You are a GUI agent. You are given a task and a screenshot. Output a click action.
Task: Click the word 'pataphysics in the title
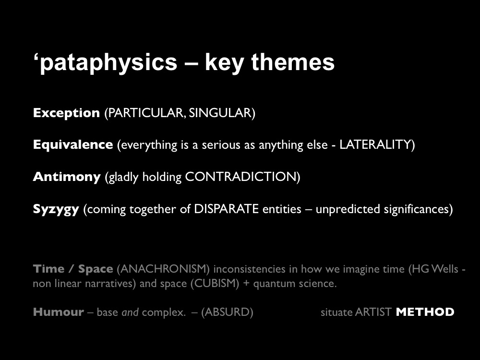coord(105,63)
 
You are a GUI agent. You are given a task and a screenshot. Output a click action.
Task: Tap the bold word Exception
coord(66,113)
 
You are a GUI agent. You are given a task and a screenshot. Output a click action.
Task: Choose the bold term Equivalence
coord(73,145)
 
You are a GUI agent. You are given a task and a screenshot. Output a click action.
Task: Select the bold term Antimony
coord(67,177)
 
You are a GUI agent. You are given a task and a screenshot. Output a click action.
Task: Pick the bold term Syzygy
coord(56,210)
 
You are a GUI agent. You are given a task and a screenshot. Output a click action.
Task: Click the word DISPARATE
coord(226,209)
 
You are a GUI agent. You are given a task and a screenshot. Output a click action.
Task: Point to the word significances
coord(418,209)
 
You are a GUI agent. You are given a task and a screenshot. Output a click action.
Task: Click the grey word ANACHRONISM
coord(163,269)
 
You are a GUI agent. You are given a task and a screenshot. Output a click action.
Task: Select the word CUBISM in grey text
coord(215,284)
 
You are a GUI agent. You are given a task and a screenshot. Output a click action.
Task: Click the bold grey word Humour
coord(59,312)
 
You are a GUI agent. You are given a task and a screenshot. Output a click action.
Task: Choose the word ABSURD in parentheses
coord(227,312)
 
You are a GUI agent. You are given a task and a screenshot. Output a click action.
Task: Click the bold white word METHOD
coord(425,312)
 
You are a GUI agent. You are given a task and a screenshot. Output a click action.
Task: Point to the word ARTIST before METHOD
coord(373,312)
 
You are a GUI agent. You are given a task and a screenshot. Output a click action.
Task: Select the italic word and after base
coord(130,312)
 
